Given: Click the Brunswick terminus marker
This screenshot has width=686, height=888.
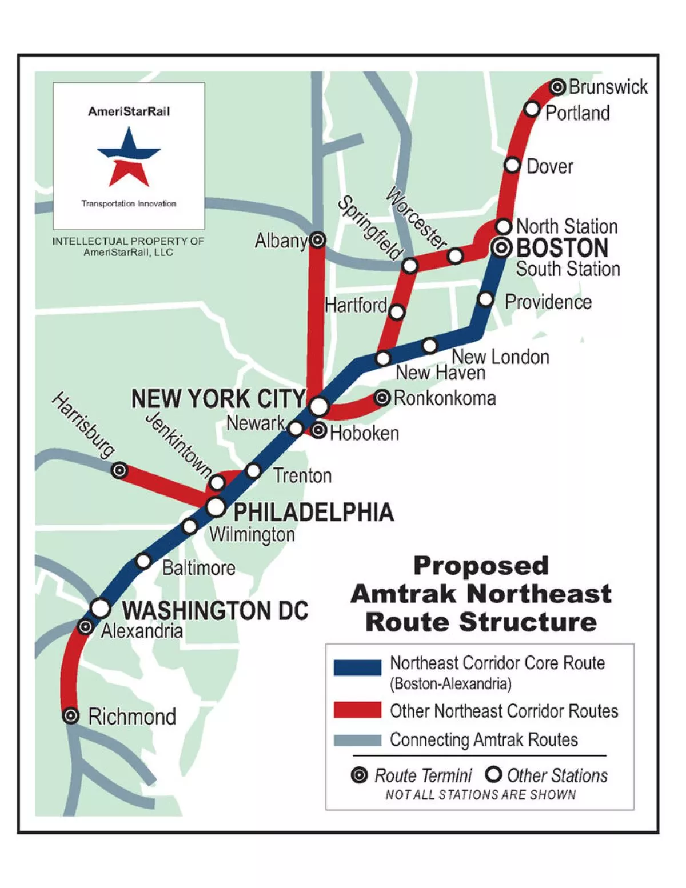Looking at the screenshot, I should click(x=558, y=87).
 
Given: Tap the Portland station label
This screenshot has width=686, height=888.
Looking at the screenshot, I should click(x=577, y=113).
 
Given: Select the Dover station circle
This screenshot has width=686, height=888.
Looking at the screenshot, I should click(x=512, y=165).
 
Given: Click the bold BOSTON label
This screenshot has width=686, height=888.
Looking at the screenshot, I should click(x=562, y=249).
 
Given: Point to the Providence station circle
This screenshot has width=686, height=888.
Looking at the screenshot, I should click(x=485, y=299).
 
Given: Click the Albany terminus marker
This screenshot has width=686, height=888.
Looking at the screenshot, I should click(x=317, y=240).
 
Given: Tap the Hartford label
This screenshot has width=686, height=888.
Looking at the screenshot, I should click(x=356, y=305).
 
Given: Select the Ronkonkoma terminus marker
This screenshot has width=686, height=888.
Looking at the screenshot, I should click(x=382, y=398).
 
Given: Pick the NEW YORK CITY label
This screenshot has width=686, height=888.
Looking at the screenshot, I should click(x=218, y=399).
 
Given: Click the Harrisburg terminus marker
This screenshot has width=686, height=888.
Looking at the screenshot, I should click(x=119, y=470).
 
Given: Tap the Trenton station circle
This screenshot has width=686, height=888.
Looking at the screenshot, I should click(x=253, y=471).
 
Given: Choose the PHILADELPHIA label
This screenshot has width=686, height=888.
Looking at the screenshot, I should click(x=313, y=512).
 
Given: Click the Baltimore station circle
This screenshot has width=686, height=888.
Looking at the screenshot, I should click(x=143, y=561).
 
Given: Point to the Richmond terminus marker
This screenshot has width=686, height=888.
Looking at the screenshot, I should click(x=70, y=715).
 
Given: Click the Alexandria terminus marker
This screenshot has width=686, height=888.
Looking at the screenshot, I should click(x=85, y=627).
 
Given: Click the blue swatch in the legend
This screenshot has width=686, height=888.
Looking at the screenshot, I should click(x=357, y=667).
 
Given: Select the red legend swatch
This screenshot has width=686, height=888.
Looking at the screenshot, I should click(x=357, y=710).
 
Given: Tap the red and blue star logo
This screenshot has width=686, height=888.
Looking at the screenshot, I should click(x=129, y=157).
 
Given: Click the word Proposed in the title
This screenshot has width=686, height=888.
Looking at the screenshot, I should click(x=481, y=566).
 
